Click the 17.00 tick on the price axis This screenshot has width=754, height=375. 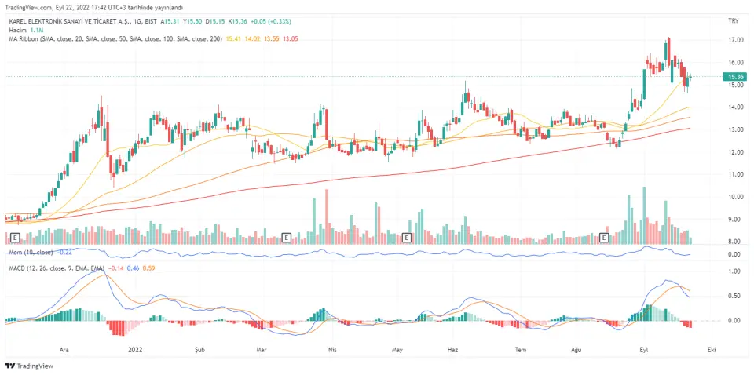click(736, 39)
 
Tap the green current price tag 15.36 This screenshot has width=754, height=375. click(736, 76)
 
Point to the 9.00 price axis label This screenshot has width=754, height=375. click(736, 220)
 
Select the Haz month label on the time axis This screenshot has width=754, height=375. click(452, 349)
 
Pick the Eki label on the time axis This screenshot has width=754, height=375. click(711, 349)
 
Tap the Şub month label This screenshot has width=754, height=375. click(199, 349)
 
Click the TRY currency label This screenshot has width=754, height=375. click(734, 19)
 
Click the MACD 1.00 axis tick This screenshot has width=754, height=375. click(736, 271)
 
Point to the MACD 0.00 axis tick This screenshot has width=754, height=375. click(736, 320)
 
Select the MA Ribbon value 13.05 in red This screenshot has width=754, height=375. click(290, 38)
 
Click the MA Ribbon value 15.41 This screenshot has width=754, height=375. click(233, 38)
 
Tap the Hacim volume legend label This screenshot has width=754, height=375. click(18, 28)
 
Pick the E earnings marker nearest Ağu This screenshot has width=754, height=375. click(605, 236)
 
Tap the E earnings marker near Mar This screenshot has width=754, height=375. click(287, 236)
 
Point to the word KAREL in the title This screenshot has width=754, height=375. click(20, 20)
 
